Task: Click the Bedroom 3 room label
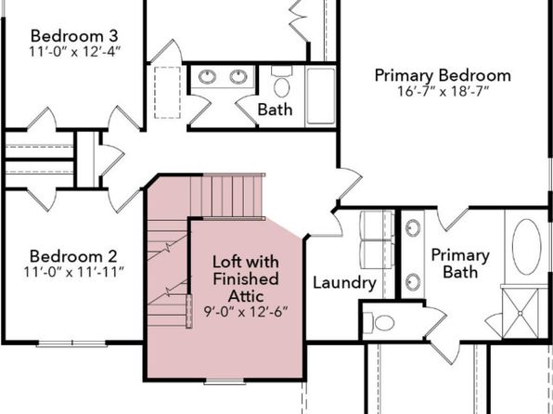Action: (74, 36)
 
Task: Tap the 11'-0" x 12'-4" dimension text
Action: (74, 52)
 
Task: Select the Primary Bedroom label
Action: (443, 76)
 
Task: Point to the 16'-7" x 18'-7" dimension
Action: (443, 91)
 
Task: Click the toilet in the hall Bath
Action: (281, 82)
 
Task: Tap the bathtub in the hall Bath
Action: (321, 96)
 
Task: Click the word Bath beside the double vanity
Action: (275, 110)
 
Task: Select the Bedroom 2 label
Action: (73, 256)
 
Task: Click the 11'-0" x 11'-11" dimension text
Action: (73, 272)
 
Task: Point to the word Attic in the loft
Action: (246, 296)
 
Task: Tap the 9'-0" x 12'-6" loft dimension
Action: (246, 312)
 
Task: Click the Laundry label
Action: (344, 284)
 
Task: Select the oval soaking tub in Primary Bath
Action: (526, 247)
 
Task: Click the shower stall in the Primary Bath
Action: (521, 313)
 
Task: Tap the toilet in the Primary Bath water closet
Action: (379, 323)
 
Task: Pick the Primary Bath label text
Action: (460, 264)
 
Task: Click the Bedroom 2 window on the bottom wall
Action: (71, 343)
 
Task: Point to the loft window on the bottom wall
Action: (225, 381)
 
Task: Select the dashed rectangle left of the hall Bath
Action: (168, 93)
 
